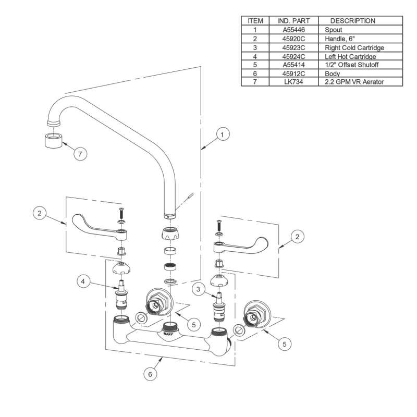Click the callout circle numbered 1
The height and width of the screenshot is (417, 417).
click(x=223, y=134)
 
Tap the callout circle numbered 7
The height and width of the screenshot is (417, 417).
click(x=80, y=154)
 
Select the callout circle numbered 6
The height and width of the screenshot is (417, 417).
click(x=150, y=374)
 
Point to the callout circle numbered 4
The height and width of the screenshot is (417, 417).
click(x=83, y=281)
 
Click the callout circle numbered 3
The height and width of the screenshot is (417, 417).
click(x=198, y=289)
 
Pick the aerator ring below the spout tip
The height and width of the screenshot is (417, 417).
click(x=54, y=140)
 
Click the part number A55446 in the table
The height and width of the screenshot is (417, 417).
click(x=293, y=30)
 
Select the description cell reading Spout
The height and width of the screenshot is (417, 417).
click(x=333, y=30)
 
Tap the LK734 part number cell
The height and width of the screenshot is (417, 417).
click(x=293, y=82)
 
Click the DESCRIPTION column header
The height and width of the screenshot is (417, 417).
click(x=353, y=21)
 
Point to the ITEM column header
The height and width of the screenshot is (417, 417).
click(x=255, y=21)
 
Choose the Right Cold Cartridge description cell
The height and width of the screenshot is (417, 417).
click(x=354, y=47)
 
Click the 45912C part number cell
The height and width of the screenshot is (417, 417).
click(x=293, y=73)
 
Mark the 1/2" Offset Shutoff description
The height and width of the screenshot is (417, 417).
click(x=351, y=65)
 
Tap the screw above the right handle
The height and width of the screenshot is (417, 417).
click(x=219, y=226)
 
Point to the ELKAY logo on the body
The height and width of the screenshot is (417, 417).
click(x=168, y=333)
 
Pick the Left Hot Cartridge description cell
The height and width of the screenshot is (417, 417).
click(x=350, y=56)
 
